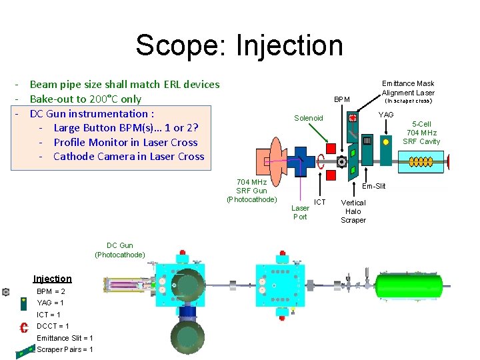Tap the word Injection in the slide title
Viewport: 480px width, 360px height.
click(289, 45)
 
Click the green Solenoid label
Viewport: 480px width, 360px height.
click(309, 118)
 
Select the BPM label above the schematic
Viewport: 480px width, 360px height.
click(342, 99)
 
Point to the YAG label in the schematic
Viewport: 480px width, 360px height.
click(386, 115)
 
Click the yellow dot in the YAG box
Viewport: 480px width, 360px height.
click(385, 141)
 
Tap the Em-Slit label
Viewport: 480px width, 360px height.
click(374, 186)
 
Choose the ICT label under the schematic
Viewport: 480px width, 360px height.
click(320, 202)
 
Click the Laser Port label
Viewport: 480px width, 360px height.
click(300, 212)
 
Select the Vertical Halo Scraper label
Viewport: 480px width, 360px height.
click(353, 211)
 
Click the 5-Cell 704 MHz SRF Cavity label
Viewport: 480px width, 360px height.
click(421, 133)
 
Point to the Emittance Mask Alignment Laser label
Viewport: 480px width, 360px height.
click(407, 88)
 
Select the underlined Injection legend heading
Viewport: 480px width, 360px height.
click(53, 279)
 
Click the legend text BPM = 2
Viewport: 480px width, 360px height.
click(51, 291)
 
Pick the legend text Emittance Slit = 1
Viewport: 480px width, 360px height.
click(65, 338)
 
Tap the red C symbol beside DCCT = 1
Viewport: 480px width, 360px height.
click(23, 327)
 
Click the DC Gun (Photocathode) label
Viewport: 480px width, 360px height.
click(120, 250)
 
